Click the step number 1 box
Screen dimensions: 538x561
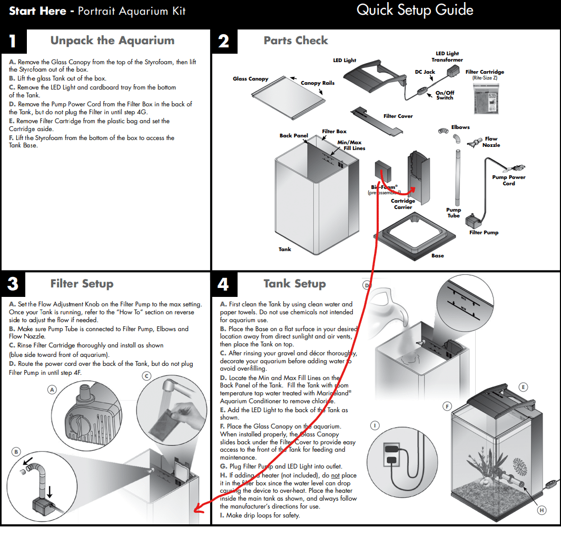[13, 41]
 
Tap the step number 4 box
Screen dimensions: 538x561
[223, 284]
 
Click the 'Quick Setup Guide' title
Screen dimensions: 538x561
[415, 10]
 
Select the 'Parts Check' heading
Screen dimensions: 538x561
[296, 41]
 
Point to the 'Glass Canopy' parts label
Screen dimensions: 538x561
[251, 79]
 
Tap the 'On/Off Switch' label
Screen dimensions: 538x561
[445, 95]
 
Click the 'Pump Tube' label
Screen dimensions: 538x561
[454, 213]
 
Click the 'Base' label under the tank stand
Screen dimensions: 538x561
[438, 256]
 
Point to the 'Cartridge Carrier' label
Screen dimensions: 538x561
[403, 204]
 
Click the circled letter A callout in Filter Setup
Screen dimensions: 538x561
[52, 390]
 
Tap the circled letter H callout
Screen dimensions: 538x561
[541, 510]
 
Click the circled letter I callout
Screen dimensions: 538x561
[375, 425]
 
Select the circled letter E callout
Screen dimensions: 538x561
[523, 387]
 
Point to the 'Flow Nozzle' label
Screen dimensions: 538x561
[491, 142]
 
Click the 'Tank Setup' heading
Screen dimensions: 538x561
[294, 284]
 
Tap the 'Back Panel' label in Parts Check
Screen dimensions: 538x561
[293, 136]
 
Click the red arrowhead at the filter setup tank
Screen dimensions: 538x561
[197, 509]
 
